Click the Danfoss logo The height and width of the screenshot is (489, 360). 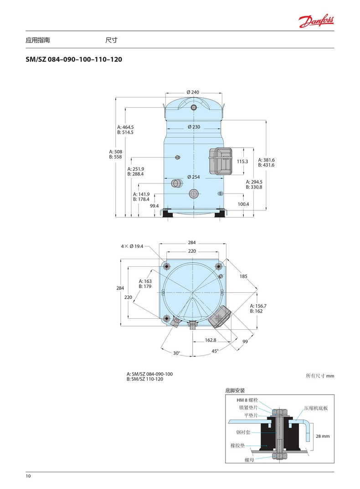[316, 20]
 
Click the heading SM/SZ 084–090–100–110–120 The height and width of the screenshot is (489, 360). [74, 59]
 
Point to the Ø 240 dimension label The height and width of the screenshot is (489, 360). [193, 92]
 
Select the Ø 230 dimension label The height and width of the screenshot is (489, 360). [194, 127]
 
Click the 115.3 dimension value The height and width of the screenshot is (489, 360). [242, 161]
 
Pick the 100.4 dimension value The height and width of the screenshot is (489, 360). [243, 204]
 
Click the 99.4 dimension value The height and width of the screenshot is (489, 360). [154, 206]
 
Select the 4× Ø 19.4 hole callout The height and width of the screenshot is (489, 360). [132, 246]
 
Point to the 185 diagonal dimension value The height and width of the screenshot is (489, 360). [243, 276]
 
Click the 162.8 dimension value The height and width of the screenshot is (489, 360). [211, 340]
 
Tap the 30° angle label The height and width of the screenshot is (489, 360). [176, 353]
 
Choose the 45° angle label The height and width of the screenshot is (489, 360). [215, 351]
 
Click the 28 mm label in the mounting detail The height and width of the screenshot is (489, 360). [322, 436]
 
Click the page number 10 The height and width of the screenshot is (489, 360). [28, 476]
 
